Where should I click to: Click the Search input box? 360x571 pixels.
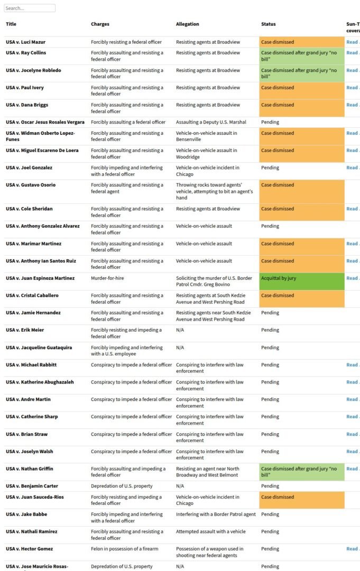tap(30, 8)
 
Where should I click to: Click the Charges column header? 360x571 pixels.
tap(100, 24)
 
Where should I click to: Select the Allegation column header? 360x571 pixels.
tap(188, 24)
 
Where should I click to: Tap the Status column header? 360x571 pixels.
tap(269, 24)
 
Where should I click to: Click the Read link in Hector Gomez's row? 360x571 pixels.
tap(352, 549)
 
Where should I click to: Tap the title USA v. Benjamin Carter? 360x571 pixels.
tap(32, 486)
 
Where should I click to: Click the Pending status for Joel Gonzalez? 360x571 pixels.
tap(270, 168)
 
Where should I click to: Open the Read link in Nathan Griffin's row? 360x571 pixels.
tap(352, 469)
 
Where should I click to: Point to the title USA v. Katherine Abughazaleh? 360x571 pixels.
tap(40, 382)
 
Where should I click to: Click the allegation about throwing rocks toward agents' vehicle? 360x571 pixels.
tap(214, 191)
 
